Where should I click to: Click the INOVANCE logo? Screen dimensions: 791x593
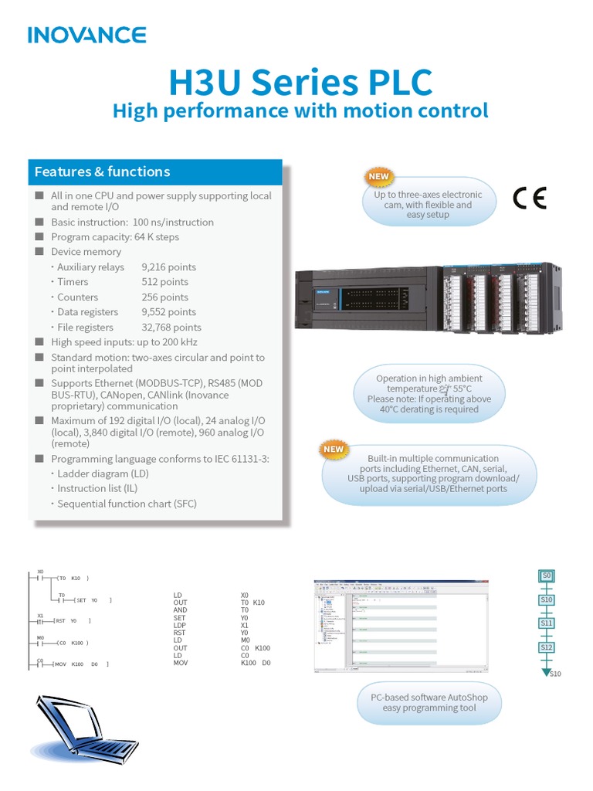86,35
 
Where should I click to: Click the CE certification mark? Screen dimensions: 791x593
530,199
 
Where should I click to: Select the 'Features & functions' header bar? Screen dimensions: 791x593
154,171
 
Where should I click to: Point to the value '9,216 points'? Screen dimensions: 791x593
168,267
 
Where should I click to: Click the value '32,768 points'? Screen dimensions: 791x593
171,328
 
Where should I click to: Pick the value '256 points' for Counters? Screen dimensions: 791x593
164,297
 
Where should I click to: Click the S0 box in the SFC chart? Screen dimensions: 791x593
546,575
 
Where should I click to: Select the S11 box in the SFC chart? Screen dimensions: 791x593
547,623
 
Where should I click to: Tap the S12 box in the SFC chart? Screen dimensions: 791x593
547,647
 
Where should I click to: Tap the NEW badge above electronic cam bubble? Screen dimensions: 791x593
378,176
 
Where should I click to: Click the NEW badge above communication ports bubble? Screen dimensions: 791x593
334,449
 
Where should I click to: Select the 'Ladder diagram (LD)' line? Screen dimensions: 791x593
103,474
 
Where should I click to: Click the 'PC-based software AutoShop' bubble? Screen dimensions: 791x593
429,702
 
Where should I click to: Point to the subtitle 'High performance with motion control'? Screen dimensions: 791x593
300,111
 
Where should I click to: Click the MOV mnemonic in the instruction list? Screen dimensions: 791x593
181,663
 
